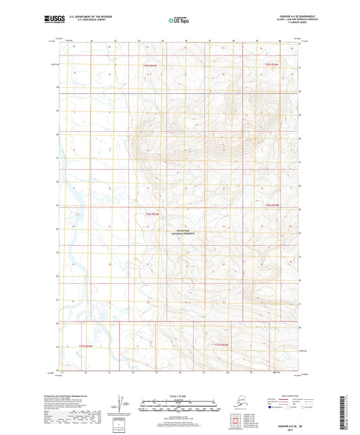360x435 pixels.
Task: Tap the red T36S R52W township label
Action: (x=272, y=205)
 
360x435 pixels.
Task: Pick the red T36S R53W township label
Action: (x=153, y=215)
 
